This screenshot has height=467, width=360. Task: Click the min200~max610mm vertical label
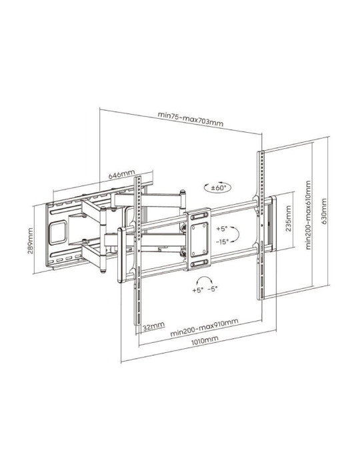309,213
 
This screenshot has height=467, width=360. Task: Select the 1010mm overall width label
204,340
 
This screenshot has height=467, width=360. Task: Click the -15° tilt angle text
222,242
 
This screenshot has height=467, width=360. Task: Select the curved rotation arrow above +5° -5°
204,280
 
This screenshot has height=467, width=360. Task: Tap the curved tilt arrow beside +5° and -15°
238,234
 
